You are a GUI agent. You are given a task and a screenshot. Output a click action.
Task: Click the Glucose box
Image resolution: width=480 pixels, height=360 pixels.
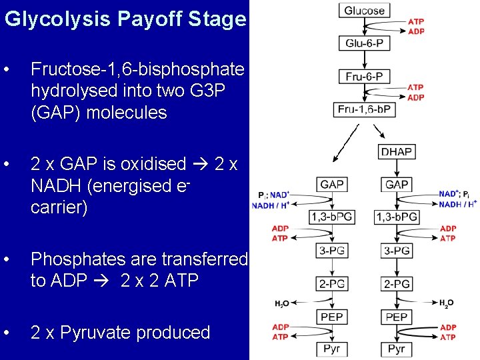pos(364,10)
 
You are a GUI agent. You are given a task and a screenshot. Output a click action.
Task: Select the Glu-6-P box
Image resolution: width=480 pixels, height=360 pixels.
pos(364,43)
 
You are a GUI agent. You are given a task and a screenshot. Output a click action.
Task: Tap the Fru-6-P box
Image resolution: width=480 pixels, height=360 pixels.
pos(364,77)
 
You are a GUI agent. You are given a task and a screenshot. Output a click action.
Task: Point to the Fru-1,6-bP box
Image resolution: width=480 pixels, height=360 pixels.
pos(364,109)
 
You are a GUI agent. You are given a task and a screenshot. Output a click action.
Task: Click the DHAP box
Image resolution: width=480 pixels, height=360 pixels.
pos(397,151)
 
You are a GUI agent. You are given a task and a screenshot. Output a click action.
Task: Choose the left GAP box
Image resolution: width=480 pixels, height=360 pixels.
pos(332,184)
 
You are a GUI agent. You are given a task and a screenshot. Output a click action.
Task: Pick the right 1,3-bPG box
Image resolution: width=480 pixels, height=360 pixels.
pos(397,217)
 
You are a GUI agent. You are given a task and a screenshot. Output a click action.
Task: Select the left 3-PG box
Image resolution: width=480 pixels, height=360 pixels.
pos(332,251)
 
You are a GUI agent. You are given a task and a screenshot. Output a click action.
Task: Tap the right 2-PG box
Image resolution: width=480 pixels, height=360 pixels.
pos(397,284)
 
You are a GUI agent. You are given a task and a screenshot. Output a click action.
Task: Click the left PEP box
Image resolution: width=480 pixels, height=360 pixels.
pos(332,317)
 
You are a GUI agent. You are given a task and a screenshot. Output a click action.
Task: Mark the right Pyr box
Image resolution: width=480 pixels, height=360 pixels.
pos(397,349)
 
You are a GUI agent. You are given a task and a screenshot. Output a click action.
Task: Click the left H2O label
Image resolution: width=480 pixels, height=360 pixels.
pos(281,304)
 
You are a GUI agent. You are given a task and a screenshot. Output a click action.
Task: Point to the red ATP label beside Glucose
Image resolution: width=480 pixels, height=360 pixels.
pos(416,22)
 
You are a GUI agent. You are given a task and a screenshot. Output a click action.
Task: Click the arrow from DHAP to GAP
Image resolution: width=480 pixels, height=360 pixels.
pos(397,167)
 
